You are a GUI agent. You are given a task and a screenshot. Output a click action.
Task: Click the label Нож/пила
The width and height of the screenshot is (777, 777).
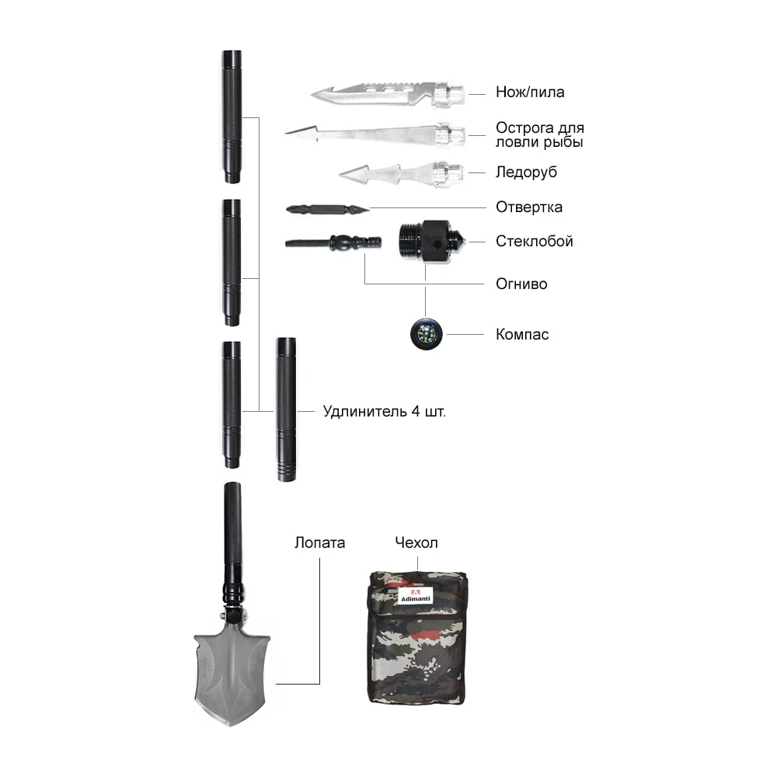tap(530, 92)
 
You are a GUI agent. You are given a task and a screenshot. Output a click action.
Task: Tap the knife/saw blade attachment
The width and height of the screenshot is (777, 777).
tap(388, 93)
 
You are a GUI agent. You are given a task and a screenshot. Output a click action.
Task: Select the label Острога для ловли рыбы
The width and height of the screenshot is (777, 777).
tap(540, 134)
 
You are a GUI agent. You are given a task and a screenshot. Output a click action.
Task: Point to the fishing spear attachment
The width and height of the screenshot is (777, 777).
tap(375, 134)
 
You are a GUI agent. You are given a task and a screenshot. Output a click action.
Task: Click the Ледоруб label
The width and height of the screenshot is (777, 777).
tap(526, 172)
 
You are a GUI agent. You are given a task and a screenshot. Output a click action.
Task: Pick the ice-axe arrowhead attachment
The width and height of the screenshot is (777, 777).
tap(402, 174)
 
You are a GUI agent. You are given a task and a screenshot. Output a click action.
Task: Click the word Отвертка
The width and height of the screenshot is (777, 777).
tap(528, 207)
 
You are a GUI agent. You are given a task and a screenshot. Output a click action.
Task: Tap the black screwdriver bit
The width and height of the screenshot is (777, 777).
tap(328, 210)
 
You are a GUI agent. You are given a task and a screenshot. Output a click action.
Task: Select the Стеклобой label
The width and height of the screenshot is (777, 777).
tap(535, 242)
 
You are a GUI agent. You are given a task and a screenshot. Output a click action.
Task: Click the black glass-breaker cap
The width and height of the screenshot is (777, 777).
tap(430, 242)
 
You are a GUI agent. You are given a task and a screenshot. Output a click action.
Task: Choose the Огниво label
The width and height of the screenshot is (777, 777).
tap(521, 284)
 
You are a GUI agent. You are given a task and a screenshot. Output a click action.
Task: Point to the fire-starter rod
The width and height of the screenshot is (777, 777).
tap(333, 242)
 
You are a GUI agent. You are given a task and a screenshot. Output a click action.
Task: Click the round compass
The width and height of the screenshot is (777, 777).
tap(426, 333)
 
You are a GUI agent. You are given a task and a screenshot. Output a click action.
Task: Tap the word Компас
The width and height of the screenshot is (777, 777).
tap(522, 334)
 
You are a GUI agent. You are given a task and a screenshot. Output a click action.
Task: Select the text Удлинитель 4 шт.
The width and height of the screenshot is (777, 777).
tap(384, 411)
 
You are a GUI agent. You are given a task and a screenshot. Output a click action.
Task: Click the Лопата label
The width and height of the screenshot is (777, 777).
tap(319, 542)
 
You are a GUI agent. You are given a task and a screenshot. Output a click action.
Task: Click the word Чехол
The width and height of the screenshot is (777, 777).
tap(416, 542)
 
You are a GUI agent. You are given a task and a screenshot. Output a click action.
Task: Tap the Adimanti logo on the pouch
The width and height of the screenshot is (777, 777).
tap(415, 596)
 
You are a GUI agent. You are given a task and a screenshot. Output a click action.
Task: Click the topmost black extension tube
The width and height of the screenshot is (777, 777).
tap(232, 117)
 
